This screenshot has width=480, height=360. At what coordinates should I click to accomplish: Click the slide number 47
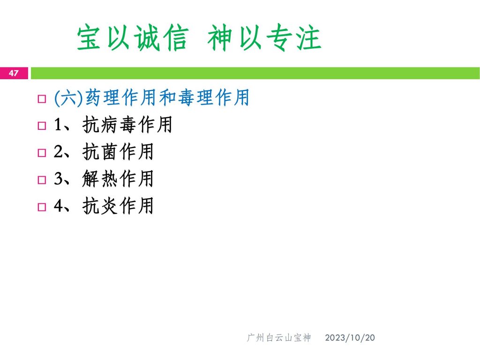[x=14, y=73]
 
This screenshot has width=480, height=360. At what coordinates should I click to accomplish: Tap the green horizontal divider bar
[x=255, y=73]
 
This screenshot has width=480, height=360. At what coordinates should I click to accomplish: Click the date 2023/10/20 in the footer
[x=350, y=337]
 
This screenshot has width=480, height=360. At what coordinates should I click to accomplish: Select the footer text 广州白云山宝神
[x=278, y=337]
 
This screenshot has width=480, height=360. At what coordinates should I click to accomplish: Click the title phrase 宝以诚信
[x=133, y=37]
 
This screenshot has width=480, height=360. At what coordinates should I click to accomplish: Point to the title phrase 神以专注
[x=264, y=37]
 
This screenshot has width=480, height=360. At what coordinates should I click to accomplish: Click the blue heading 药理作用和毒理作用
[x=167, y=97]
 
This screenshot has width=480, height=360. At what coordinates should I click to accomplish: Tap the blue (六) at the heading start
[x=68, y=98]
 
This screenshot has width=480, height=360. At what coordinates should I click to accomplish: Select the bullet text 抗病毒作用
[x=127, y=125]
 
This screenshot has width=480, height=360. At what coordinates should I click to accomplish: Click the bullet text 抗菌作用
[x=118, y=151]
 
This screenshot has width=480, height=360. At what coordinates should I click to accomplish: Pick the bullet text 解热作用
[x=118, y=179]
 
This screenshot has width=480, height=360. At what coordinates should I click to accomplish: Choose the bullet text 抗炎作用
[x=118, y=205]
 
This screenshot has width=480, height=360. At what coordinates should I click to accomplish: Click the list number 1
[x=58, y=125]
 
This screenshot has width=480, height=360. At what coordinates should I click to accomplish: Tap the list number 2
[x=58, y=151]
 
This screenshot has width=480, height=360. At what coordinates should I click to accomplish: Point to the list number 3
[x=58, y=179]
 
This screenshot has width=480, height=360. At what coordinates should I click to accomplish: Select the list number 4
[x=58, y=205]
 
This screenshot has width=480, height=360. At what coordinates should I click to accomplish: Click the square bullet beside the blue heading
[x=42, y=99]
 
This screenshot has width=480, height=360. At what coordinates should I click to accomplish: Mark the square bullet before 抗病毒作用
[x=42, y=126]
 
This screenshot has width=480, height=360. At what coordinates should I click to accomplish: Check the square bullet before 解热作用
[x=42, y=180]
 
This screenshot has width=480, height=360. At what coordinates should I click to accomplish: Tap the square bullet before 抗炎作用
[x=42, y=207]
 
